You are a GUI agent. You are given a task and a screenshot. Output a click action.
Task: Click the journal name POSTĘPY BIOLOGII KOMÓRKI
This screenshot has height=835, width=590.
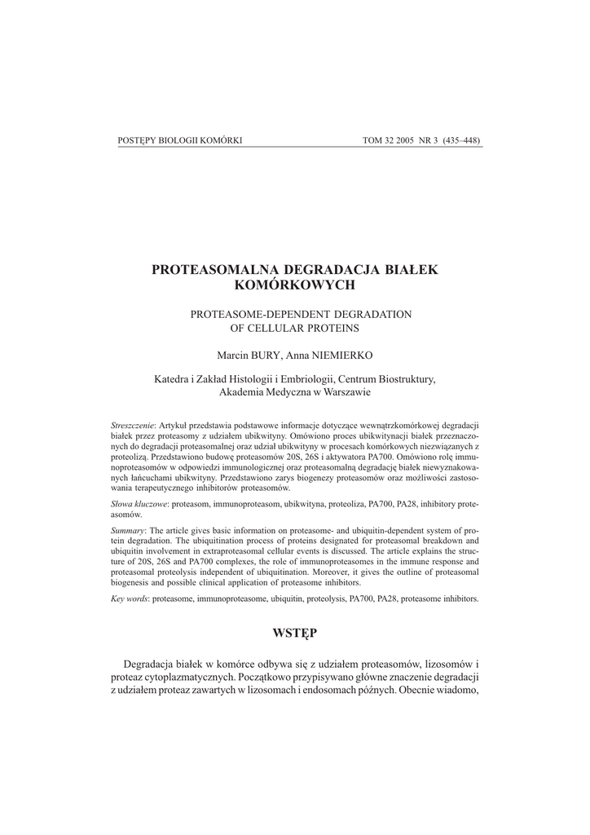180,140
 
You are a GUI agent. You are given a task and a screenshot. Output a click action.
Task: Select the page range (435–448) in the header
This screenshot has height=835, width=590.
461,140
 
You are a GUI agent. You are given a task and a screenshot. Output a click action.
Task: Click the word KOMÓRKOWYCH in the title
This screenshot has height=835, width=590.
295,285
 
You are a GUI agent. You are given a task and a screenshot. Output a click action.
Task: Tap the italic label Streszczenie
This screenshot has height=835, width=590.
133,426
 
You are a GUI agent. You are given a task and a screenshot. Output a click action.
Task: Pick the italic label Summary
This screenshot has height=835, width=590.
128,530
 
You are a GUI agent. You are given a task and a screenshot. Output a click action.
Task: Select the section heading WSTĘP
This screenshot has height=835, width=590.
295,633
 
